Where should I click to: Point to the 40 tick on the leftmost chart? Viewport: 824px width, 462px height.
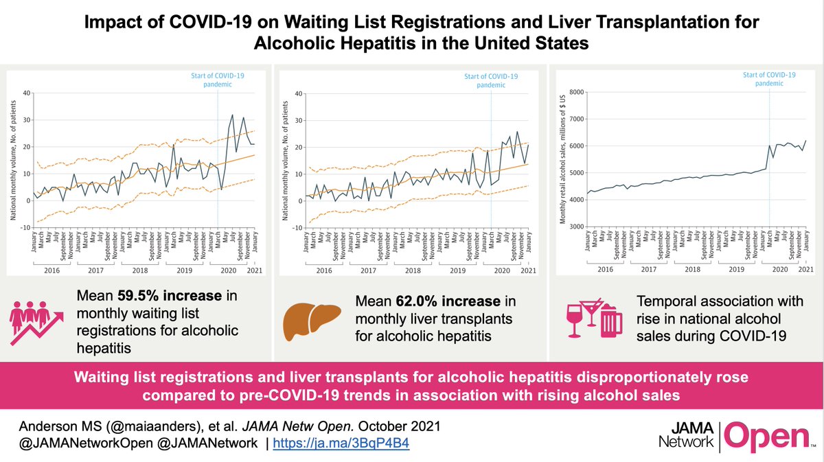[x=27, y=93]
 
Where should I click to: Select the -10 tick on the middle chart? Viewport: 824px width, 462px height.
[x=296, y=227]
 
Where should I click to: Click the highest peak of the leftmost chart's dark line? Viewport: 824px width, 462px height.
[x=233, y=115]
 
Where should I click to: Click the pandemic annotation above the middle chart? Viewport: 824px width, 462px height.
[x=490, y=80]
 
